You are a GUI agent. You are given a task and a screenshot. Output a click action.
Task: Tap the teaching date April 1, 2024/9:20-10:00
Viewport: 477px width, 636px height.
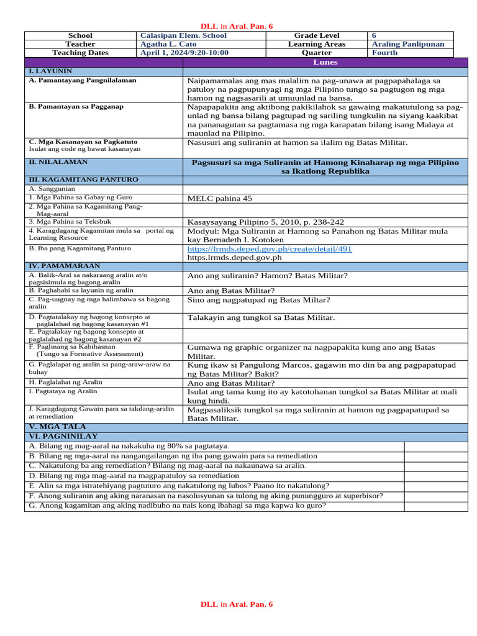(184, 53)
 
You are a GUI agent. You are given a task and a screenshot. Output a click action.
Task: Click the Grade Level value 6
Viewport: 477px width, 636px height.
(374, 36)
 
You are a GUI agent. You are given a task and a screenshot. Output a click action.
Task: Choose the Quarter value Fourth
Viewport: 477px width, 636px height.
(384, 53)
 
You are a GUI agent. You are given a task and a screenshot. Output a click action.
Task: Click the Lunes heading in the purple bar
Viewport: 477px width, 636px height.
(325, 63)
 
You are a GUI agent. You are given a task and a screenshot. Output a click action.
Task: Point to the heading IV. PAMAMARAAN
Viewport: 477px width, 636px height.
(65, 266)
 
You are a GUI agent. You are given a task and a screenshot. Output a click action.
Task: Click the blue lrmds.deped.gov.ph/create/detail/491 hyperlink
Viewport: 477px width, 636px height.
(270, 248)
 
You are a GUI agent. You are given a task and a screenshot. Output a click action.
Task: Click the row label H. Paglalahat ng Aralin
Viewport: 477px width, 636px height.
(65, 382)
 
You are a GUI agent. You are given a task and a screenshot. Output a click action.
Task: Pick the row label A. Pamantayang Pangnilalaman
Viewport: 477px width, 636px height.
(83, 80)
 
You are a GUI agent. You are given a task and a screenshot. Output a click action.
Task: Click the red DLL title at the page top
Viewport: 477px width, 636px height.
(236, 26)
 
